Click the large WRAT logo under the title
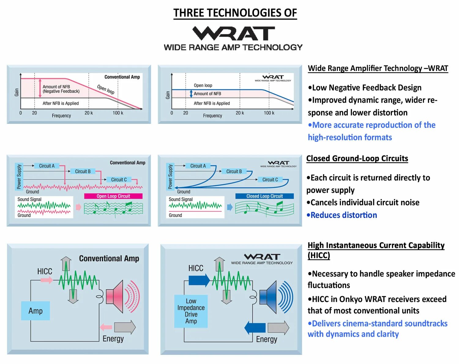point(233,33)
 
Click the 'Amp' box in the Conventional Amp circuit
point(35,311)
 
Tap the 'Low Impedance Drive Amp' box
point(191,311)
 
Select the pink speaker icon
point(115,296)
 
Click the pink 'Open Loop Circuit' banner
point(113,196)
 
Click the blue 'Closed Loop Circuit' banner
point(264,196)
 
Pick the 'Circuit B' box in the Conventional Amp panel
point(83,171)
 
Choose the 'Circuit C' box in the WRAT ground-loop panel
point(270,180)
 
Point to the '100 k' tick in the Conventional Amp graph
point(118,113)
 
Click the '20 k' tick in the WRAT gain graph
point(240,113)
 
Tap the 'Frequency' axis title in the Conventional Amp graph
point(61,116)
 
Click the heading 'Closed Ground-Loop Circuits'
point(357,158)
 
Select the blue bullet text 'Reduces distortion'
point(343,215)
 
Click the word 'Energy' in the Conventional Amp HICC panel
point(113,339)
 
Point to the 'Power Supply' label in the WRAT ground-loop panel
point(170,177)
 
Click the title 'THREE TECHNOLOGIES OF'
point(235,13)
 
